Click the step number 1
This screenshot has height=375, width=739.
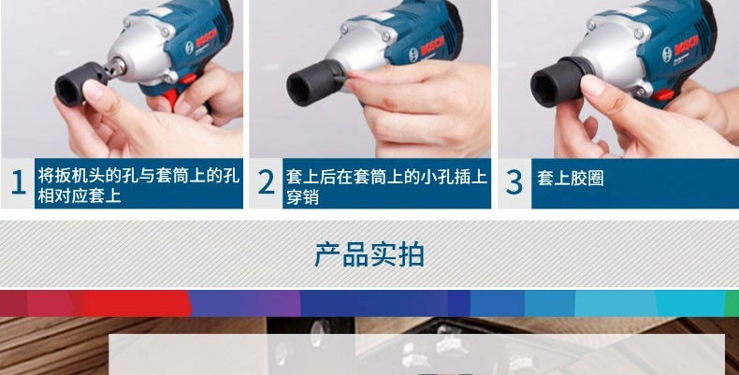18,182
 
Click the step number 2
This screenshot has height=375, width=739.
267,182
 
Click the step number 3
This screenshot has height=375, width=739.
514,182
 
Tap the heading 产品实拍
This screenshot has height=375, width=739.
369,255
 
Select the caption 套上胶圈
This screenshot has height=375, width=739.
571,179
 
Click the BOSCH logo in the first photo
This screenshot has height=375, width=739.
206,38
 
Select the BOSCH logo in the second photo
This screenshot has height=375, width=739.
432,46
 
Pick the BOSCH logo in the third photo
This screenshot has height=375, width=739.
687,45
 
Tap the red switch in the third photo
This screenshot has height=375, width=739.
663,95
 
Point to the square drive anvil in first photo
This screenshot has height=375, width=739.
114,67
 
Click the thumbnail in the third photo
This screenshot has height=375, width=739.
593,85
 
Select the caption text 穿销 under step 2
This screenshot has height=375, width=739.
302,196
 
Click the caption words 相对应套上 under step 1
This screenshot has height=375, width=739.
80,196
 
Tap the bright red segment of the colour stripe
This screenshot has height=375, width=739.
136,303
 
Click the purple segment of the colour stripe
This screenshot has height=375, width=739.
244,303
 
